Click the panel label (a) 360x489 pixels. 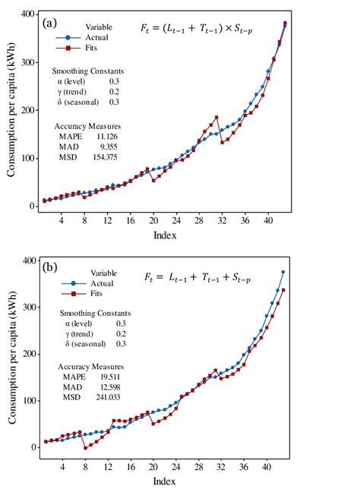[x=50, y=22]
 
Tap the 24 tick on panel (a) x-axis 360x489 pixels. [x=176, y=221]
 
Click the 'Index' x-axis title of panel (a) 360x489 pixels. [x=165, y=235]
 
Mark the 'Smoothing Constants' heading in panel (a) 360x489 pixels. [x=93, y=71]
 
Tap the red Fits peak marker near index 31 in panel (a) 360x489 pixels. [x=216, y=118]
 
